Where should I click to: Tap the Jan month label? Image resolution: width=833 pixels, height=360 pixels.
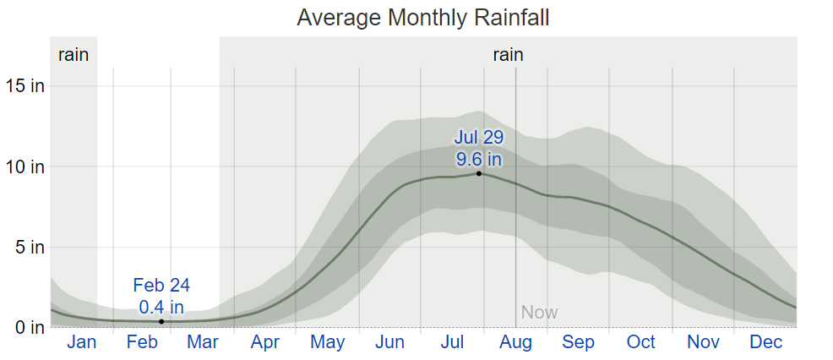click(81, 342)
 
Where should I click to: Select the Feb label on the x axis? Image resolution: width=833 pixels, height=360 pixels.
click(142, 342)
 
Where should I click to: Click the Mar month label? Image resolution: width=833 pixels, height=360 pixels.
click(203, 342)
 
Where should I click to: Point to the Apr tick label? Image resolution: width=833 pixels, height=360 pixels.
click(264, 342)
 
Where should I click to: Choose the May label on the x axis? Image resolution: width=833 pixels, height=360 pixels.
click(327, 342)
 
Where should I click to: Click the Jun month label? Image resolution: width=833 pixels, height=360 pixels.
click(390, 342)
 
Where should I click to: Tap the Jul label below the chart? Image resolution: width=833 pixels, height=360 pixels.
click(452, 342)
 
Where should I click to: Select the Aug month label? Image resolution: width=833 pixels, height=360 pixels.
click(515, 342)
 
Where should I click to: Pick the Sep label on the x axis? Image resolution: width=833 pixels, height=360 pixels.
click(578, 342)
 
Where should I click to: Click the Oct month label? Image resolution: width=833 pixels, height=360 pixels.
click(640, 342)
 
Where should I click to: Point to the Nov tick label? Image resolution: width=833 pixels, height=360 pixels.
click(703, 342)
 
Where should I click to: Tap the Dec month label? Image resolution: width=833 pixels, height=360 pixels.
click(765, 342)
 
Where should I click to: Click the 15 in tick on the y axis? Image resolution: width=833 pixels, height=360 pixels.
click(24, 85)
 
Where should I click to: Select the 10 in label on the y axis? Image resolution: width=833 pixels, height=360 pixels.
click(24, 166)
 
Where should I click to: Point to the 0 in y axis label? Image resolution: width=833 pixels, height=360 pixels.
click(29, 327)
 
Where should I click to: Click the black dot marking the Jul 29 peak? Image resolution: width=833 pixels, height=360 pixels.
click(479, 173)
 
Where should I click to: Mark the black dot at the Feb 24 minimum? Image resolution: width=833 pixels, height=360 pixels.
click(161, 321)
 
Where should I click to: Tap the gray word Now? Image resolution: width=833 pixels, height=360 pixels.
click(539, 313)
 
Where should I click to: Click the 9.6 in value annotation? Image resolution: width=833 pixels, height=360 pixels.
click(478, 158)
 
